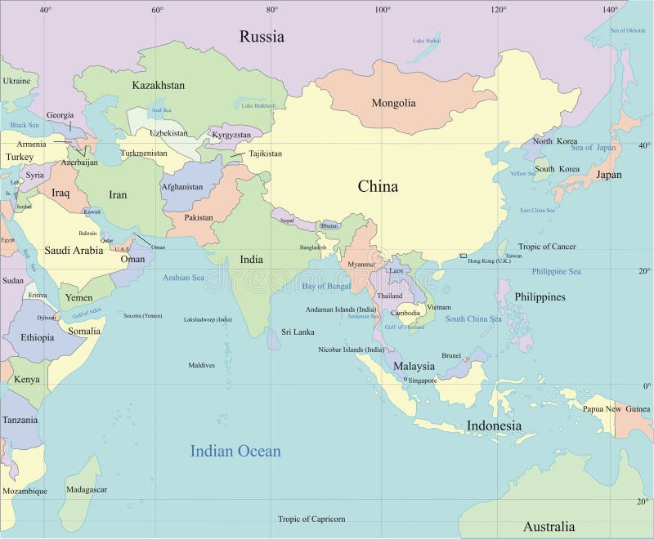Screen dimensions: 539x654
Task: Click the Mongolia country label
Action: point(393,103)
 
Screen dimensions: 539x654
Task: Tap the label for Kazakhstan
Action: point(158,85)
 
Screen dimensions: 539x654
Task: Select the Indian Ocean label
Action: point(235,451)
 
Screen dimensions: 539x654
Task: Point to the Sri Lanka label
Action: point(298,332)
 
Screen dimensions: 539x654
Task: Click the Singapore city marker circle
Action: point(405,379)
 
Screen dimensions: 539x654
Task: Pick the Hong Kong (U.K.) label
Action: point(489,260)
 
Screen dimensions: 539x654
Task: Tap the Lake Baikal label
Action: point(427,40)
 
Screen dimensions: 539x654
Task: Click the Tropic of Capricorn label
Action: point(311,519)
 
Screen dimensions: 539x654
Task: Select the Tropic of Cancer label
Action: point(547,247)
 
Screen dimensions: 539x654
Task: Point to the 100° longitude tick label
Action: point(383,10)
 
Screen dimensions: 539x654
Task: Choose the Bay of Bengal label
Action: point(326,286)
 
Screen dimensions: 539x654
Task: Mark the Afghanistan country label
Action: point(182,187)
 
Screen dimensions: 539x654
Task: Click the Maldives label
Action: point(201,365)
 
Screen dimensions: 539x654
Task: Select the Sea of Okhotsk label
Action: point(628,30)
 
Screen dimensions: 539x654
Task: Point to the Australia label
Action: point(549,526)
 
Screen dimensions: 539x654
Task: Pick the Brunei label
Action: point(451,355)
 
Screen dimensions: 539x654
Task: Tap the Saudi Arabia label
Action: point(74,251)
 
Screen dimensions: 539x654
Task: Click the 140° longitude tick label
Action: point(610,10)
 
